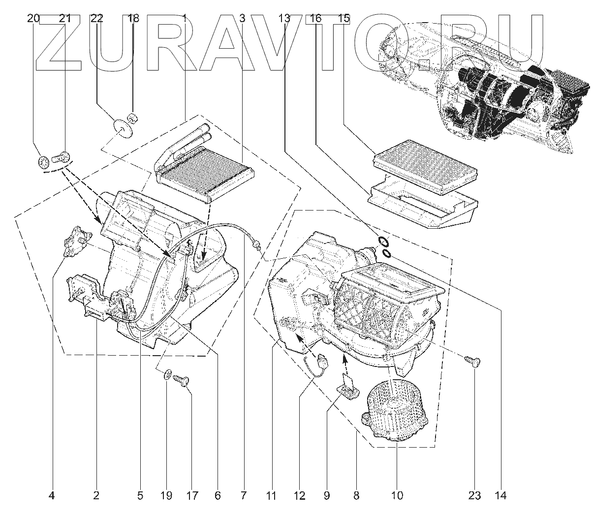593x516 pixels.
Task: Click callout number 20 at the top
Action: click(x=33, y=19)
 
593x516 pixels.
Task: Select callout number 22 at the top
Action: click(x=97, y=19)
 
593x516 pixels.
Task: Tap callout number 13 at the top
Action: click(x=284, y=19)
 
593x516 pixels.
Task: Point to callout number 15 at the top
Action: click(x=344, y=19)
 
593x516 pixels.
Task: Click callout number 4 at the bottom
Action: click(x=52, y=495)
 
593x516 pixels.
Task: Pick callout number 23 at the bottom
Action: click(x=474, y=495)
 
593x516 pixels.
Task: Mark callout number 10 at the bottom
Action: click(x=397, y=495)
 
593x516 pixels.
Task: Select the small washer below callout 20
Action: click(x=43, y=161)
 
